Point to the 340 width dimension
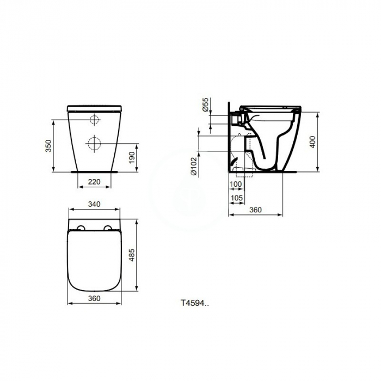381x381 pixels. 94,205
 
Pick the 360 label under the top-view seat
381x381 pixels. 94,298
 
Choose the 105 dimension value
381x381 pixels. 236,197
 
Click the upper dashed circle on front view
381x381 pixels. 94,120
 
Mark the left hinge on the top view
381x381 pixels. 81,228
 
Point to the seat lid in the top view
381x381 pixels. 94,261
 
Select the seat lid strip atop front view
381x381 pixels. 94,108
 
